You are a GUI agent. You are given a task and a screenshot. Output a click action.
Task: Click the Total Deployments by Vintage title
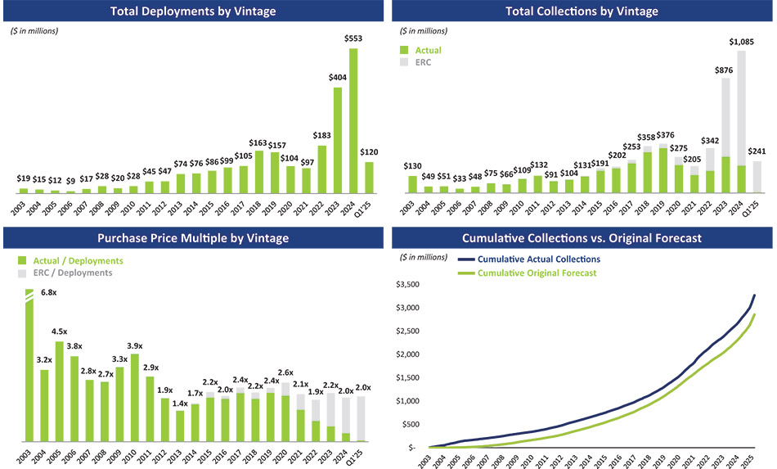pyautogui.click(x=194, y=11)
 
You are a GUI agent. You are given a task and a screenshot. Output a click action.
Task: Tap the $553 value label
pyautogui.click(x=353, y=39)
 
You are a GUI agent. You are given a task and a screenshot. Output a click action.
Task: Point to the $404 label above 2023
pyautogui.click(x=337, y=77)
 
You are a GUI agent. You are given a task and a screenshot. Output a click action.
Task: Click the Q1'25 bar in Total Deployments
pyautogui.click(x=369, y=177)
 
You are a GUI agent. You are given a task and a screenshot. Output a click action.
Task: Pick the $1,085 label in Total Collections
pyautogui.click(x=742, y=41)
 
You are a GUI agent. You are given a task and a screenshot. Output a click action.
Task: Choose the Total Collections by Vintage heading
pyautogui.click(x=582, y=11)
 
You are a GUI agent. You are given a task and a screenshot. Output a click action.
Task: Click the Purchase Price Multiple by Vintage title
pyautogui.click(x=194, y=238)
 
